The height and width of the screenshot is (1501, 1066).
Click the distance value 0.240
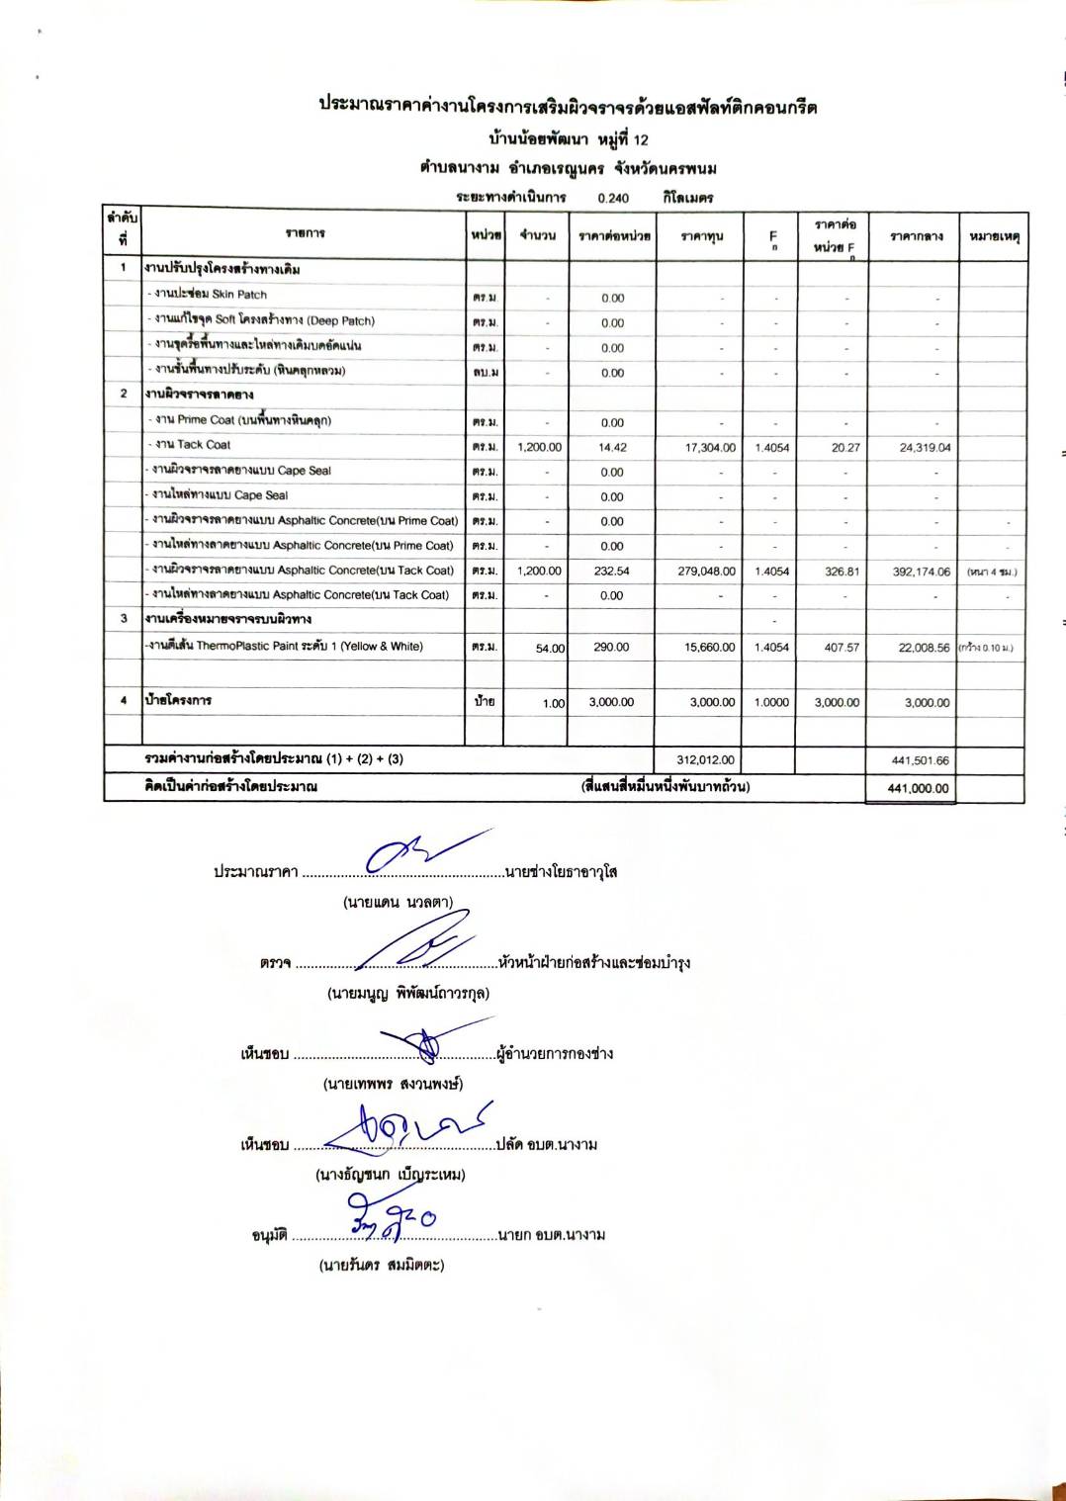click(613, 198)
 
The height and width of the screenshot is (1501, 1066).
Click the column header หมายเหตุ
click(994, 237)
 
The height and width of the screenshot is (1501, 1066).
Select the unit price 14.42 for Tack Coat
click(612, 447)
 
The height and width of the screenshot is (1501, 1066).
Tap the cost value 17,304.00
click(710, 447)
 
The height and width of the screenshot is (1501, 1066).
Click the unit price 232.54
click(612, 571)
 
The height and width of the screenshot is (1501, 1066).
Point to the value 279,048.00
click(710, 571)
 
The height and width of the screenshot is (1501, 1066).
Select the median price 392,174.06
click(921, 572)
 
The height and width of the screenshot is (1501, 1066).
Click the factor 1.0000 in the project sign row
click(771, 702)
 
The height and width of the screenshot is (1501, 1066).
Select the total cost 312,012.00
click(706, 759)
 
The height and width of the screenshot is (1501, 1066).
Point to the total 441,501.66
click(920, 760)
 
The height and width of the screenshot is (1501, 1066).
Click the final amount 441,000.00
click(919, 788)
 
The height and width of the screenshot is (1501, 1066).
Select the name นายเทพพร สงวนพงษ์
click(393, 1084)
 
